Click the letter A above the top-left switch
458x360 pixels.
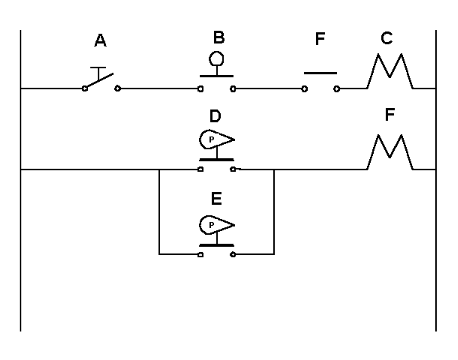tap(100, 41)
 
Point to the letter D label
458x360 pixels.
tap(216, 117)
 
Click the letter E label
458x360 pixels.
tap(216, 199)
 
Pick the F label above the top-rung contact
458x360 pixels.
tap(320, 41)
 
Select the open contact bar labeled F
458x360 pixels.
tap(320, 73)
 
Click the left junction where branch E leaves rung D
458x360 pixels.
tap(159, 170)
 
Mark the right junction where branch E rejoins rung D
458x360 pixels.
tap(274, 170)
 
